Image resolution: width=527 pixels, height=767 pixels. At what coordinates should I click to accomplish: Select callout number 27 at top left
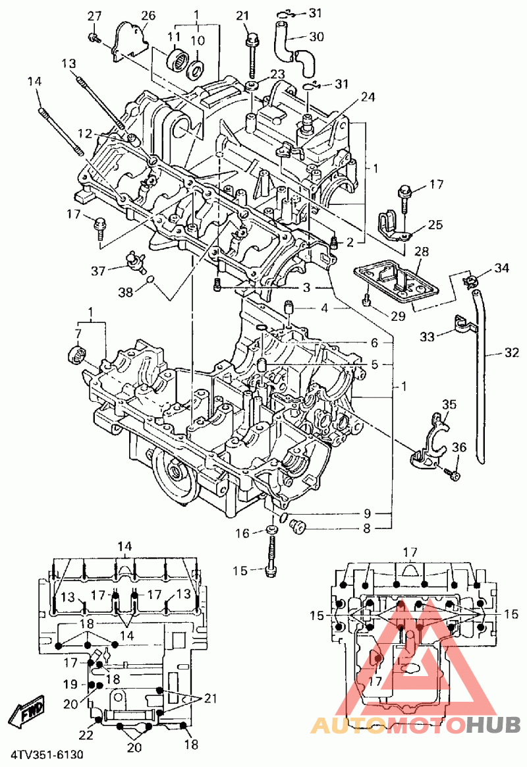94,16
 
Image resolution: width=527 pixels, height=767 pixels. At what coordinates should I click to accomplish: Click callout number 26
148,16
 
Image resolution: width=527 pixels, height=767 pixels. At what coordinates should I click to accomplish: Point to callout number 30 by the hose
316,36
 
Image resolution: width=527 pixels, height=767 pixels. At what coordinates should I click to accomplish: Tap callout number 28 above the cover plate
421,252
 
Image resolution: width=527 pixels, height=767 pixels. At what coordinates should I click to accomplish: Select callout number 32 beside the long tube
511,352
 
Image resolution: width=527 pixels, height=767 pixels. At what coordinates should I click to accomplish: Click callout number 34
501,268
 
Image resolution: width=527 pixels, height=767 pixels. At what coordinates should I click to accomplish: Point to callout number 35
449,405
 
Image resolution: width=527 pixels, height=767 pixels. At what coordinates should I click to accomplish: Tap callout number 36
459,447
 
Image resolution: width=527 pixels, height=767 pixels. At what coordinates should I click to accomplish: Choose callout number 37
98,271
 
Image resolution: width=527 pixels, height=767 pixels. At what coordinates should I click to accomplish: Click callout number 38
126,293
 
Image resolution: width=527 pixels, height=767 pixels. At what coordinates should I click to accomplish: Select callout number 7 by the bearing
78,333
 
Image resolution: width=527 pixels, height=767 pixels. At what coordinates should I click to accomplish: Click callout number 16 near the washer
242,533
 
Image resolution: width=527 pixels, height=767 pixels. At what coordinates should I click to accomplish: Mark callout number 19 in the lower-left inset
70,685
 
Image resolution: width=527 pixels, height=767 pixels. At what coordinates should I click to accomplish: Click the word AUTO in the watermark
348,726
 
